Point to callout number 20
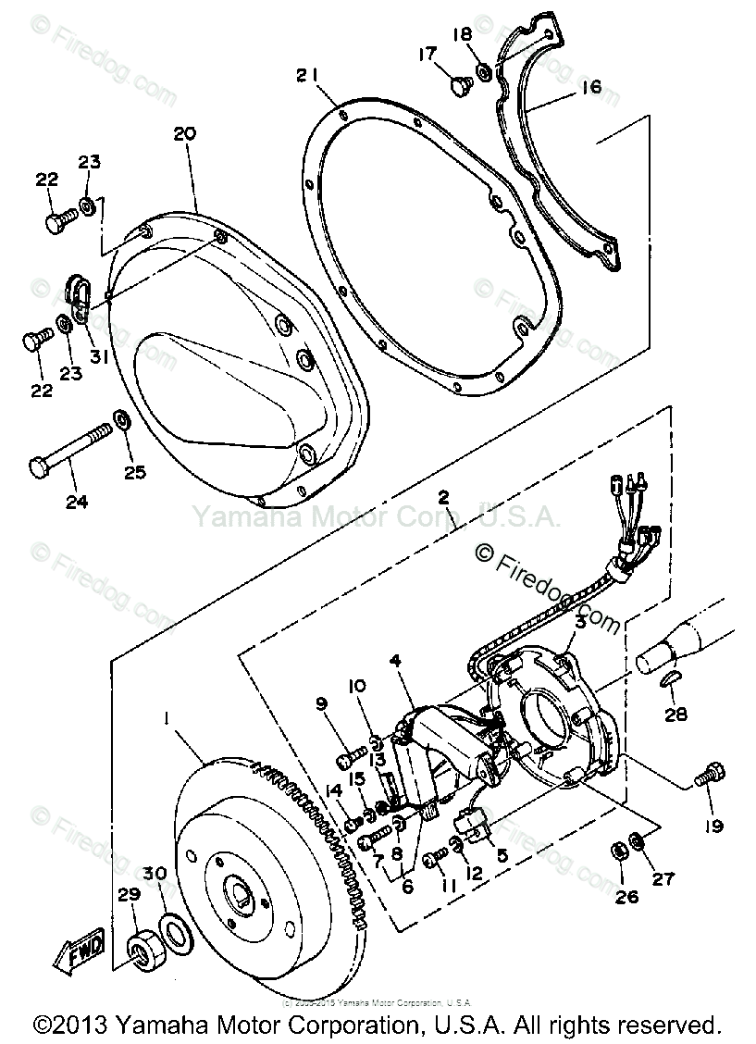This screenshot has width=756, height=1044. click(x=185, y=134)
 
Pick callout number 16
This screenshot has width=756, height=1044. click(x=590, y=88)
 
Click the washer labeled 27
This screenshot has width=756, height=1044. click(x=638, y=840)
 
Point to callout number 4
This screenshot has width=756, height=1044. click(x=395, y=662)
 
